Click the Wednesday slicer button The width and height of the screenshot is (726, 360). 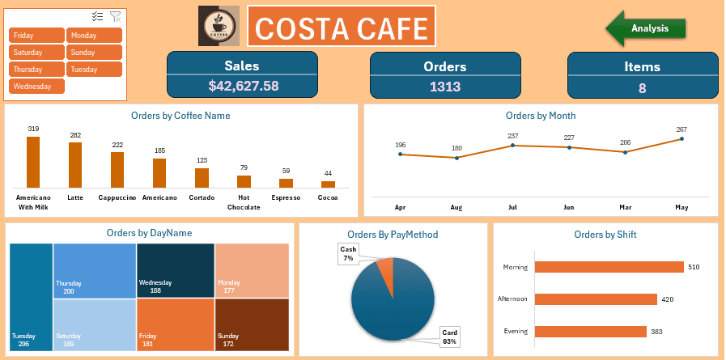click(x=36, y=86)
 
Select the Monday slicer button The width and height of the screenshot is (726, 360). click(x=95, y=36)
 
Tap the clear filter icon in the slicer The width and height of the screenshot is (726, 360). click(x=116, y=16)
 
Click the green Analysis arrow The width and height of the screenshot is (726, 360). click(x=647, y=28)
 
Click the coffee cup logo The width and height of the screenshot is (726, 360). click(x=219, y=28)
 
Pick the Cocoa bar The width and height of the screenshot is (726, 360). click(x=328, y=184)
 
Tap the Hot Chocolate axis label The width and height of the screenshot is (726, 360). click(x=244, y=202)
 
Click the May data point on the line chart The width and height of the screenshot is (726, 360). click(x=681, y=138)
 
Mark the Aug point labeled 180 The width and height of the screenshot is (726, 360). click(x=456, y=158)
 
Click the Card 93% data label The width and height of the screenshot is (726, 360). click(x=449, y=337)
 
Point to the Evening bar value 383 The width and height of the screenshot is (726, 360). click(x=657, y=332)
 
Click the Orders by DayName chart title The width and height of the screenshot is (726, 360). click(x=149, y=233)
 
